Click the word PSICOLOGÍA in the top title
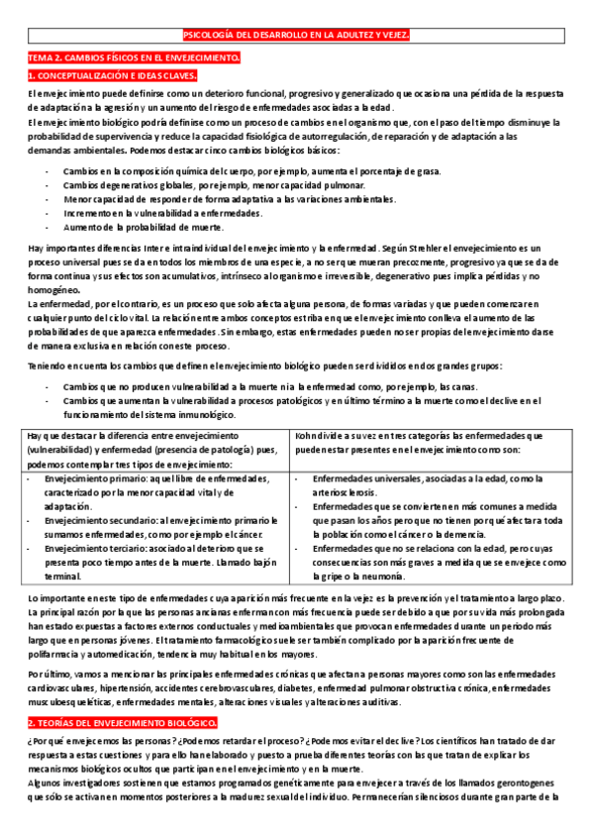(x=211, y=36)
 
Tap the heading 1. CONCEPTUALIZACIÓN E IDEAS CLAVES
(x=112, y=75)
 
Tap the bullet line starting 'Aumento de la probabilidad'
(x=130, y=227)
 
